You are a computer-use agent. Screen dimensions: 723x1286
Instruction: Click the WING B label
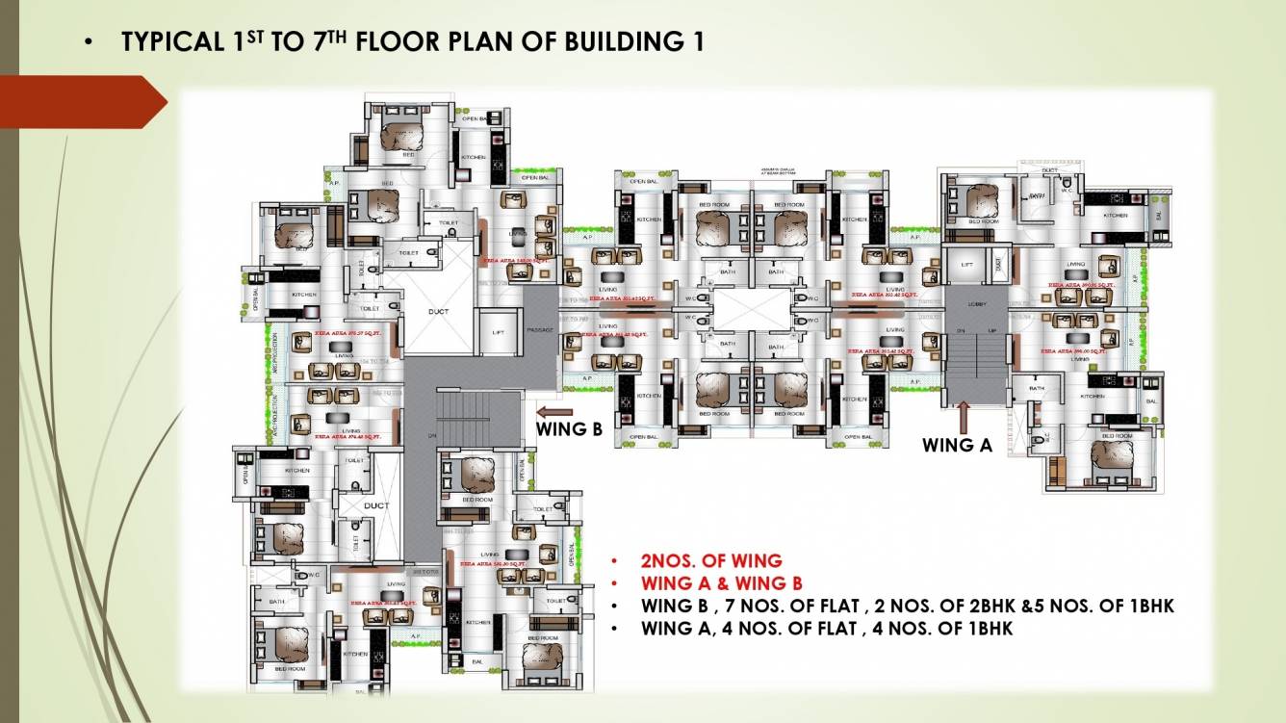click(x=569, y=429)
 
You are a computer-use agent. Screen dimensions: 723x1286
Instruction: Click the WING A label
click(x=957, y=445)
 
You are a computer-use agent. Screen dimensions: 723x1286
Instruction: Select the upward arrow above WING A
click(x=963, y=416)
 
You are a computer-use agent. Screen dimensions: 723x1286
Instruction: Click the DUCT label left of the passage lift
click(x=438, y=311)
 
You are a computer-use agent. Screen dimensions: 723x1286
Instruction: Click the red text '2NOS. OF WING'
click(x=711, y=560)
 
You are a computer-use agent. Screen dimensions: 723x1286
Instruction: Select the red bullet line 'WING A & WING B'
click(x=721, y=583)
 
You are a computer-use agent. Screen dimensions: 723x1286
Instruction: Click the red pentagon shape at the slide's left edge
click(x=82, y=102)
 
